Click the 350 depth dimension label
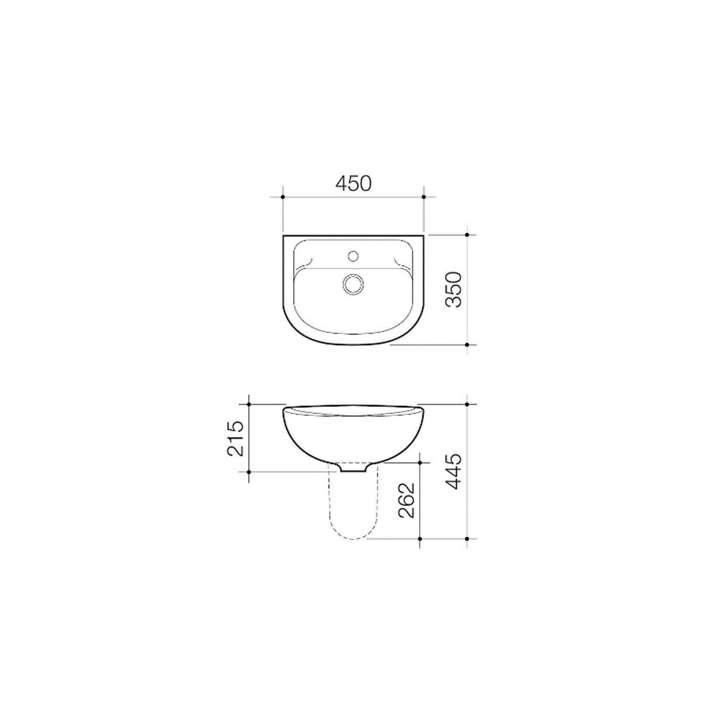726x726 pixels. coord(454,289)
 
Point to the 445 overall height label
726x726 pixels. coord(454,472)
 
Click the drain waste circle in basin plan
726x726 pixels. coord(353,284)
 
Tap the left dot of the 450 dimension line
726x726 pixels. coord(283,197)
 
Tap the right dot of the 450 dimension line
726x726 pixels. coord(424,197)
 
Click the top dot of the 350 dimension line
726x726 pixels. coord(467,235)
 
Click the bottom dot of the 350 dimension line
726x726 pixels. coord(467,345)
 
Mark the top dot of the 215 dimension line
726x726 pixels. coord(249,404)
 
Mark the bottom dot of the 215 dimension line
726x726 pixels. coord(249,471)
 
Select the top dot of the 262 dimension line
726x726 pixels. coord(420,462)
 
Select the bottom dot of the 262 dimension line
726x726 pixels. coord(420,539)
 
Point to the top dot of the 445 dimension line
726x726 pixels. coord(467,404)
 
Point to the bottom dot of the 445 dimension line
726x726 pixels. coord(467,539)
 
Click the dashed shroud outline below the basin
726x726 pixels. coord(331,511)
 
